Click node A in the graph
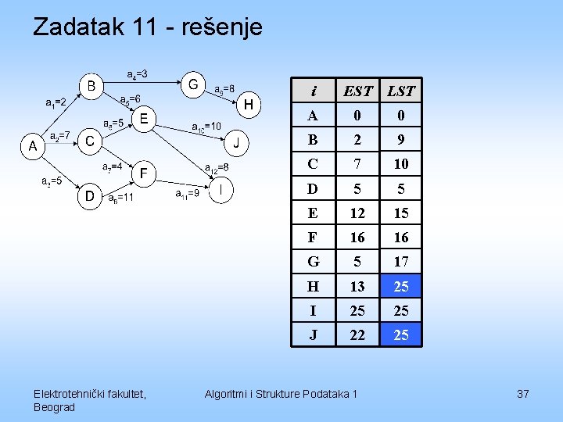click(x=32, y=145)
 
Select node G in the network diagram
click(x=193, y=83)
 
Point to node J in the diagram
click(x=236, y=143)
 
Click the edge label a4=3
click(x=138, y=74)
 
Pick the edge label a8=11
click(x=120, y=198)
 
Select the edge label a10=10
click(x=206, y=126)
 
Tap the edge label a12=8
click(x=217, y=167)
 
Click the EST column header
click(x=358, y=91)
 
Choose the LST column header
click(x=401, y=91)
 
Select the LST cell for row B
click(x=401, y=140)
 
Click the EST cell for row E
click(x=357, y=213)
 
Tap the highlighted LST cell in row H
click(x=401, y=286)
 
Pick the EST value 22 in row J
click(x=357, y=334)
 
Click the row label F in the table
click(x=314, y=237)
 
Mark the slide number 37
click(x=523, y=394)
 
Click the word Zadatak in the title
click(x=77, y=28)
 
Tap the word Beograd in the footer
click(x=55, y=407)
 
